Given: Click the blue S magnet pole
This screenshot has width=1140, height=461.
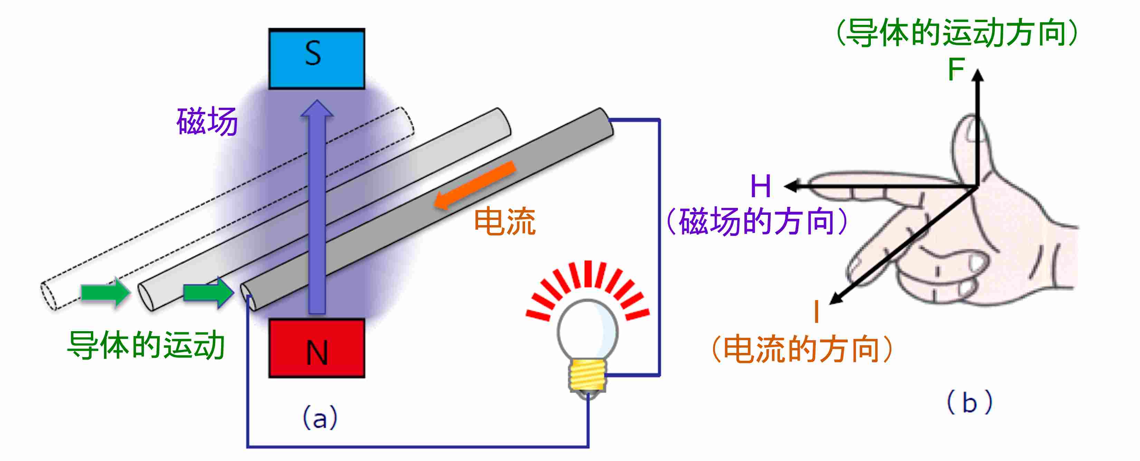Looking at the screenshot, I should tap(316, 59).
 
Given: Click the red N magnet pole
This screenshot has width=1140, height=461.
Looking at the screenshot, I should tap(316, 348).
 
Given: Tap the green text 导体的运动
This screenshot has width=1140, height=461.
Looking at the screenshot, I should tap(146, 345).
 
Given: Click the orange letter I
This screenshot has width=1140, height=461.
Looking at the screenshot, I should tap(817, 311).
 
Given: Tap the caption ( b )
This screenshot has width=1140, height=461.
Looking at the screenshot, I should tap(969, 403).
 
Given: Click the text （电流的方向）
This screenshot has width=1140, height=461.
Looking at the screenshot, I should tap(801, 349).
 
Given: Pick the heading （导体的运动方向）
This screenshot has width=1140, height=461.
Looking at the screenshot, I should tap(956, 33).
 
